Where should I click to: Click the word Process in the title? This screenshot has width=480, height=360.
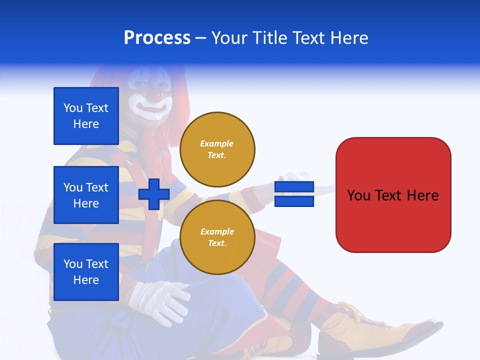[x=157, y=37]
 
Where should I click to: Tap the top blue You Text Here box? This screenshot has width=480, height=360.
[x=86, y=115]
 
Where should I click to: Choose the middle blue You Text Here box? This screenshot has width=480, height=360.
[x=86, y=195]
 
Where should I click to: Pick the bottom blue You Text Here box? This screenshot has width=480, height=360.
[x=86, y=272]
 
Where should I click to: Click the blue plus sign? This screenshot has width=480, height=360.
[x=153, y=194]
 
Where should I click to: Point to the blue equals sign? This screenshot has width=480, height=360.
[x=294, y=194]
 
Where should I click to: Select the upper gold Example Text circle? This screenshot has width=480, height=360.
[x=217, y=149]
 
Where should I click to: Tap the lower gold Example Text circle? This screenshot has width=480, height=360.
[x=217, y=237]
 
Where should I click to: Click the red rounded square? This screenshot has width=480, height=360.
[x=393, y=195]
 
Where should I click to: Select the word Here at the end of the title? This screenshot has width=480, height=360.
[x=349, y=37]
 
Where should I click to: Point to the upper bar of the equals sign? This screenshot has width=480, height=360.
[x=294, y=186]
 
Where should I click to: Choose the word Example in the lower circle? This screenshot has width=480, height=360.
[x=217, y=231]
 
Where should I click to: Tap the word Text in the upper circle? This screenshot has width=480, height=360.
[x=216, y=155]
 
